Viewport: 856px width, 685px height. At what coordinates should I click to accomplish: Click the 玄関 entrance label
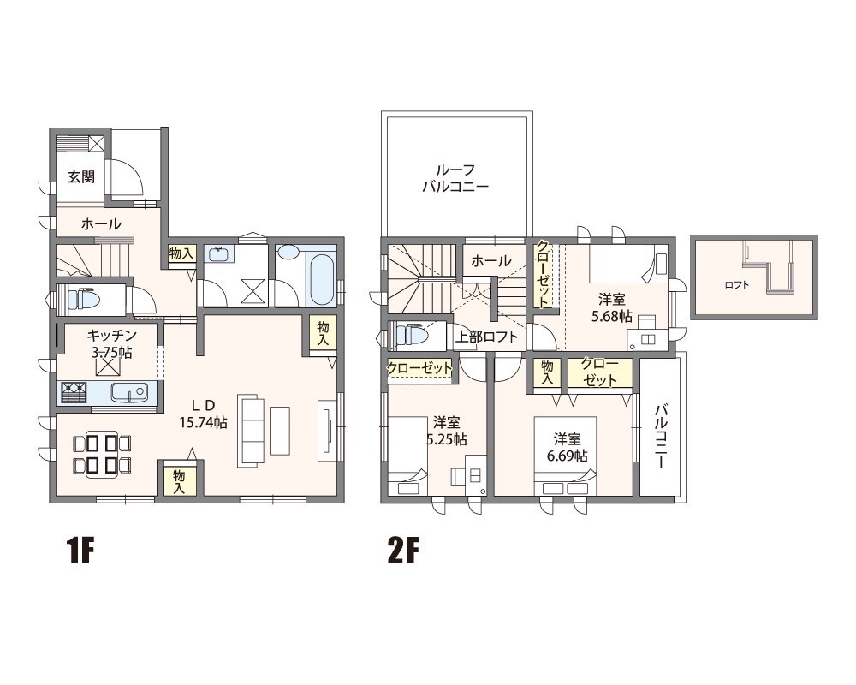coord(81,176)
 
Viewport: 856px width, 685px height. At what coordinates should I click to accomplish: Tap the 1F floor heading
coord(80,551)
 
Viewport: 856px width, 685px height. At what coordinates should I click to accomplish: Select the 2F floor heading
coord(402,551)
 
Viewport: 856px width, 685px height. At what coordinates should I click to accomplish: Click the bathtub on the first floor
coord(321,278)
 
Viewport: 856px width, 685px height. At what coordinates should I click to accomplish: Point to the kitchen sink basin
coord(129,392)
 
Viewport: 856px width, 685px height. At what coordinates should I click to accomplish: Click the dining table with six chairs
coord(102,454)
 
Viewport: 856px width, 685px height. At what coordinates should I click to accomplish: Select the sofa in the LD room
coord(251,430)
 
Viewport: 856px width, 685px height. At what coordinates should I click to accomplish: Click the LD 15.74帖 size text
coord(203,414)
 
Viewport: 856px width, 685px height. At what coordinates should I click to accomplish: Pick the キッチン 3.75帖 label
coord(111,343)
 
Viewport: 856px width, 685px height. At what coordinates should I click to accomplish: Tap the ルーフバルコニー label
coord(455,178)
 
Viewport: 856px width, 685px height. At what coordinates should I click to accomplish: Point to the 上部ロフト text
coord(486,337)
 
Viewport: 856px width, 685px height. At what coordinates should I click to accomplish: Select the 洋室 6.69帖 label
coord(567,447)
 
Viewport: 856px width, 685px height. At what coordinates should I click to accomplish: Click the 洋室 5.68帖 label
coord(611,307)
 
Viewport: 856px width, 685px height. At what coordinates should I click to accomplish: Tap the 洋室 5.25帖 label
coord(447,431)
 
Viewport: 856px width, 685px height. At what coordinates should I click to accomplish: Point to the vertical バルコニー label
coord(661,436)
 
